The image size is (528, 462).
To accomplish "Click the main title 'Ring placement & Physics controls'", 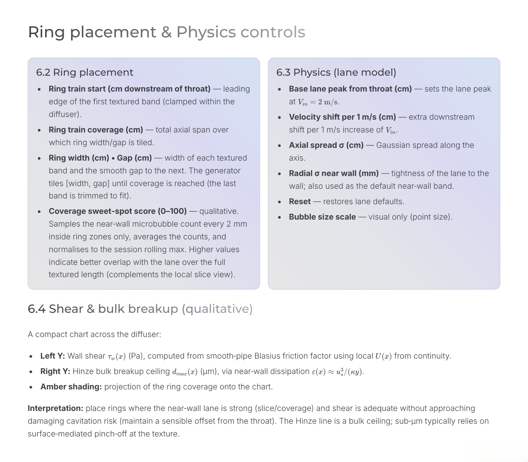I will pyautogui.click(x=166, y=32).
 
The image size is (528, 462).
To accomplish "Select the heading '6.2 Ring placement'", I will pyautogui.click(x=85, y=72).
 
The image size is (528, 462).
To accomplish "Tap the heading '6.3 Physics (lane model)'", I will pyautogui.click(x=336, y=72).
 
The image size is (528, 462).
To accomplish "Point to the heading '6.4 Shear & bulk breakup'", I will pyautogui.click(x=140, y=309).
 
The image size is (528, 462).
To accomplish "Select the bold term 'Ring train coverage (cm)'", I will pyautogui.click(x=96, y=130).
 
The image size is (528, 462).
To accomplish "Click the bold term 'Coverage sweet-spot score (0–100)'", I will pyautogui.click(x=118, y=211).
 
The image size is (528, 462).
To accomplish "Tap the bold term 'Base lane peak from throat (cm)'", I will pyautogui.click(x=350, y=89).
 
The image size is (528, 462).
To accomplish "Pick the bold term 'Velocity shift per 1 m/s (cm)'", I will pyautogui.click(x=342, y=117).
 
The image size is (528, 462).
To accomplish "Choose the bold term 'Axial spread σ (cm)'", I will pyautogui.click(x=326, y=145).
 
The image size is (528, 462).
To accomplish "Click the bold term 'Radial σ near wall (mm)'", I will pyautogui.click(x=334, y=173).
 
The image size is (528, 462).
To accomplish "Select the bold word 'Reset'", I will pyautogui.click(x=300, y=201).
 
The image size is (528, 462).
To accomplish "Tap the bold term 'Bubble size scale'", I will pyautogui.click(x=322, y=217).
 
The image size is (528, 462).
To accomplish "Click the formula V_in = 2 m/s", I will pyautogui.click(x=318, y=102).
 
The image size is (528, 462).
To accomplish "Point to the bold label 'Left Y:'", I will pyautogui.click(x=53, y=356).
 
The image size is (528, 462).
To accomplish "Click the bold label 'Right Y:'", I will pyautogui.click(x=55, y=372).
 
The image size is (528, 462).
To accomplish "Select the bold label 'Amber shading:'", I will pyautogui.click(x=71, y=387).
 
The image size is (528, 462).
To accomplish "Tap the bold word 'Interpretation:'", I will pyautogui.click(x=55, y=408).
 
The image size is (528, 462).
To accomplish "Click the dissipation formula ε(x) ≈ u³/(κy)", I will pyautogui.click(x=338, y=372).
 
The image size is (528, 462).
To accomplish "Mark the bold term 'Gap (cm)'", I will pyautogui.click(x=134, y=158).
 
